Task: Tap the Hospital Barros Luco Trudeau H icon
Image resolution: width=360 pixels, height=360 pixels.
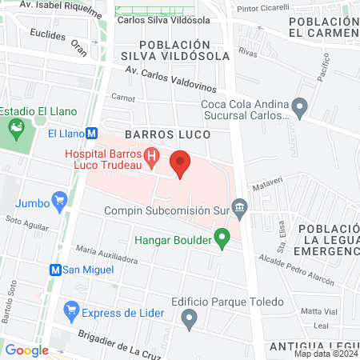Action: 150,154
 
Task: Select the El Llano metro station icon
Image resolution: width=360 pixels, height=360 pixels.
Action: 93,134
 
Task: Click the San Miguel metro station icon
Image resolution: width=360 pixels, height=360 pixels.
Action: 56,270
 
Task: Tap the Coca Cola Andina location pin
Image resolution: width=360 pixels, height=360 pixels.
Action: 300,105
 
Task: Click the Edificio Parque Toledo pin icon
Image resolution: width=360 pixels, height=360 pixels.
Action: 190,320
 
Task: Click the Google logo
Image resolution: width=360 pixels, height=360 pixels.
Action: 26,350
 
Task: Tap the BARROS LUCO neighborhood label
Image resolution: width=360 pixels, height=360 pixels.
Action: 167,134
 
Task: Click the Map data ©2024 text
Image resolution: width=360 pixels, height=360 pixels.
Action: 326,353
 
